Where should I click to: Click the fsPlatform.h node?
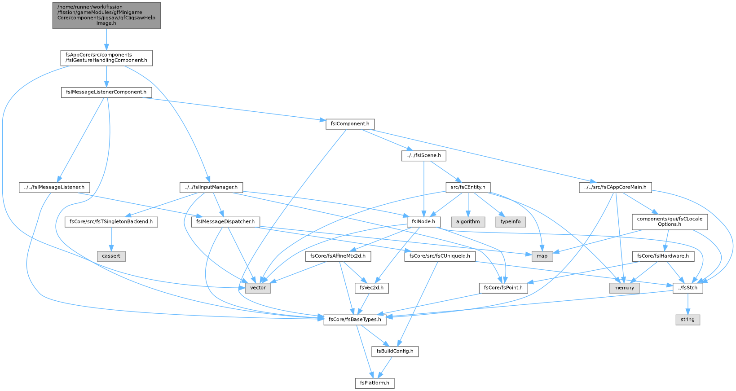pyautogui.click(x=375, y=383)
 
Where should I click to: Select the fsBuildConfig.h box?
pyautogui.click(x=395, y=351)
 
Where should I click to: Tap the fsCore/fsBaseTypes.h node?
pyautogui.click(x=355, y=320)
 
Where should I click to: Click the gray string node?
pyautogui.click(x=688, y=320)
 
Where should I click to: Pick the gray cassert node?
pyautogui.click(x=111, y=256)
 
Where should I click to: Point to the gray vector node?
pyautogui.click(x=258, y=288)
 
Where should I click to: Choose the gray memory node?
pyautogui.click(x=624, y=288)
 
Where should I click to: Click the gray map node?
pyautogui.click(x=542, y=256)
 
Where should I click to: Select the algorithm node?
pyautogui.click(x=468, y=222)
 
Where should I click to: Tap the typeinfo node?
pyautogui.click(x=511, y=222)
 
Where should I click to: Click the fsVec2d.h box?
pyautogui.click(x=372, y=288)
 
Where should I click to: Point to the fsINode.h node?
pyautogui.click(x=423, y=222)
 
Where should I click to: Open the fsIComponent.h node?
pyautogui.click(x=350, y=124)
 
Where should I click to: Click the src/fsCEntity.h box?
pyautogui.click(x=468, y=188)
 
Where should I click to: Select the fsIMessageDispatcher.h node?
pyautogui.click(x=225, y=222)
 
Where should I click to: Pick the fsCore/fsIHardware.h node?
pyautogui.click(x=663, y=256)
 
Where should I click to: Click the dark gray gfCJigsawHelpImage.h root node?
pyautogui.click(x=106, y=15)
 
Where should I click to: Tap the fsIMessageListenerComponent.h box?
pyautogui.click(x=106, y=92)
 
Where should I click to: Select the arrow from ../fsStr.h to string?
pyautogui.click(x=688, y=304)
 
